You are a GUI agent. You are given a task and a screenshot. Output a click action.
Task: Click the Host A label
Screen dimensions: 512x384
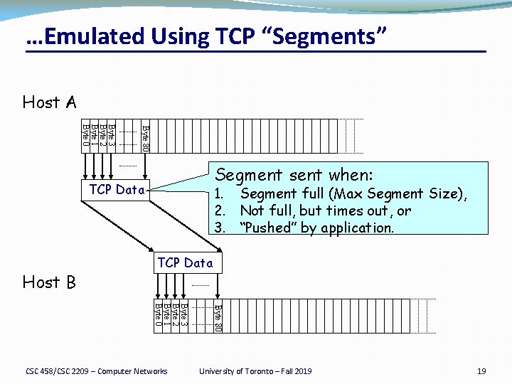(49, 102)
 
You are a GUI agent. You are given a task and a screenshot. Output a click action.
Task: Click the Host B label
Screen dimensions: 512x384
(49, 282)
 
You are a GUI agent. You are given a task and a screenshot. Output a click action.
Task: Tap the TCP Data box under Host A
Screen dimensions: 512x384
(117, 190)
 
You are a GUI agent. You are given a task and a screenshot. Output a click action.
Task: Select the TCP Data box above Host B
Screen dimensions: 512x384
(186, 262)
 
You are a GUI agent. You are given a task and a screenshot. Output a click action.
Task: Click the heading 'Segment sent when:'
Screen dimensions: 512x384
(294, 174)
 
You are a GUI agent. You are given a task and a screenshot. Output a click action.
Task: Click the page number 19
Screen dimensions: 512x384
(481, 371)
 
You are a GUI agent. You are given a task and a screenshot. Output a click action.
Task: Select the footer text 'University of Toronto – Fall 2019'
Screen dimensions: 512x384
(255, 371)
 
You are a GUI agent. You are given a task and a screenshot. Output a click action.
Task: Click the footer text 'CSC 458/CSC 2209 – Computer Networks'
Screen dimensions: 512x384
(97, 371)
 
